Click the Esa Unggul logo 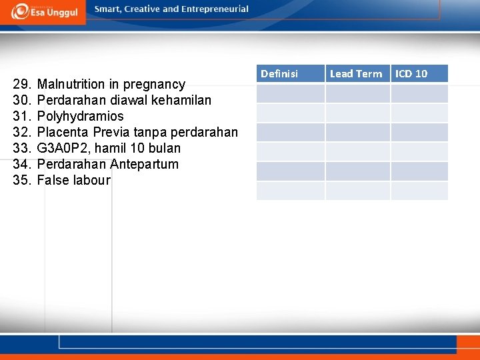pyautogui.click(x=44, y=11)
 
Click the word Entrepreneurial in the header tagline pyautogui.click(x=215, y=9)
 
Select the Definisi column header pyautogui.click(x=279, y=73)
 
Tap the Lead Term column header pyautogui.click(x=356, y=73)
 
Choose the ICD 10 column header pyautogui.click(x=411, y=73)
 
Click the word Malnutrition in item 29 pyautogui.click(x=71, y=84)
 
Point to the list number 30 pyautogui.click(x=21, y=100)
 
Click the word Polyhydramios pyautogui.click(x=80, y=116)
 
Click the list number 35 pyautogui.click(x=21, y=180)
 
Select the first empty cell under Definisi pyautogui.click(x=290, y=93)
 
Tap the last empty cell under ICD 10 pyautogui.click(x=419, y=191)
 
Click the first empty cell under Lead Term pyautogui.click(x=357, y=93)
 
